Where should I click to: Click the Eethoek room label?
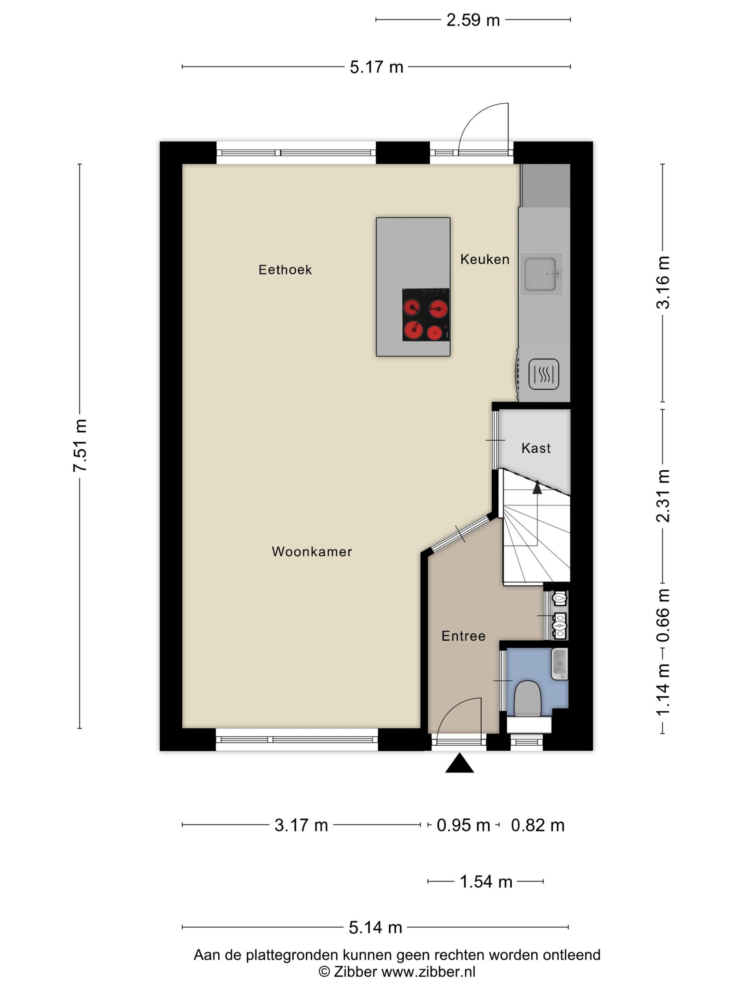285,269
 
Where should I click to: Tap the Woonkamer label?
312,551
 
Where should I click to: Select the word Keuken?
485,259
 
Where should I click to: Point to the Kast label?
536,448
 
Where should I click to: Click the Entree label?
463,636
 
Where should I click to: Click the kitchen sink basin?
540,274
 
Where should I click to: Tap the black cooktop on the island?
426,315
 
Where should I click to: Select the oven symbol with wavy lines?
543,374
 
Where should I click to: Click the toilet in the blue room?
528,699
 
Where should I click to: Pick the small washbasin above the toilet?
559,664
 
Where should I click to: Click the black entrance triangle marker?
459,763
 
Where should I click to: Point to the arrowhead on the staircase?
537,487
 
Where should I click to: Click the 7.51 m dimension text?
81,445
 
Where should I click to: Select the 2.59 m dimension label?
473,20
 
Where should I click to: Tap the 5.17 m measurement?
376,67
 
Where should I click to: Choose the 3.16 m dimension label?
663,283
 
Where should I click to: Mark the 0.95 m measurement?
463,825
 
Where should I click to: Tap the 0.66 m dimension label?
663,615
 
